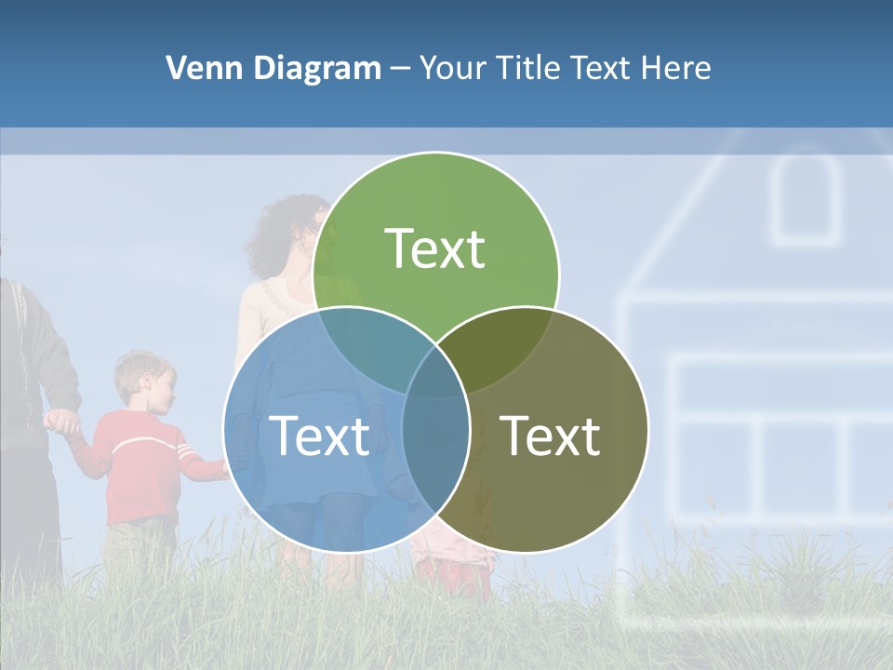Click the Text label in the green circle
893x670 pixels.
pyautogui.click(x=435, y=249)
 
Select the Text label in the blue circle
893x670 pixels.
pyautogui.click(x=319, y=435)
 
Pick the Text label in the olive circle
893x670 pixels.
pyautogui.click(x=550, y=435)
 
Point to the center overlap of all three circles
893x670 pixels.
pyautogui.click(x=436, y=372)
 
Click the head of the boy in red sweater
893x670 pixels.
pyautogui.click(x=141, y=382)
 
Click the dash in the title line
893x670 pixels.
pyautogui.click(x=400, y=68)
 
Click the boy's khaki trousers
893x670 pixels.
pyautogui.click(x=140, y=549)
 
